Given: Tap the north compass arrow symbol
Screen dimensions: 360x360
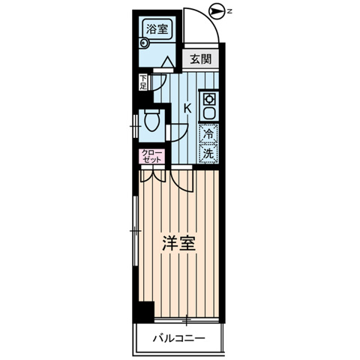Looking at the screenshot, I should (216, 11).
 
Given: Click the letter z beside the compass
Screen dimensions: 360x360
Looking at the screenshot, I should (231, 11).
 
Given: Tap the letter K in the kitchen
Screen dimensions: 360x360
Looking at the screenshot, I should (187, 108).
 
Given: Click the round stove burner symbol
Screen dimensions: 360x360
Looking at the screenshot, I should (209, 99).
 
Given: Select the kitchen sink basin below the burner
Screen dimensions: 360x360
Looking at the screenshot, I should (209, 112).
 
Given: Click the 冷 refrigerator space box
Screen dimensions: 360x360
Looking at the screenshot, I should (209, 135).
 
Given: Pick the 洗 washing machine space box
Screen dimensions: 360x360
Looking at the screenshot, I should (209, 153).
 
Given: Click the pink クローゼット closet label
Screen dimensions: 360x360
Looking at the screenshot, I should (145, 157).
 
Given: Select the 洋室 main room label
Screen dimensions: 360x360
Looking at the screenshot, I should (179, 244).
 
